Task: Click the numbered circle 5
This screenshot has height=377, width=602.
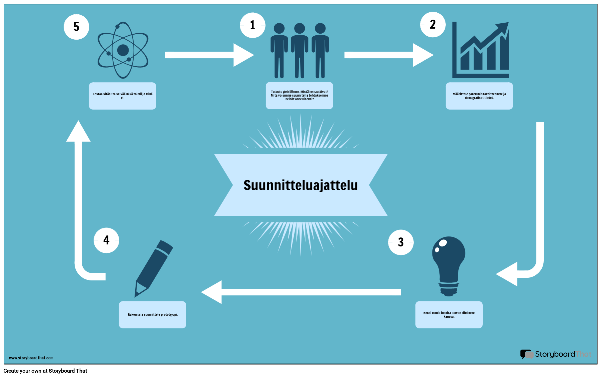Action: click(76, 27)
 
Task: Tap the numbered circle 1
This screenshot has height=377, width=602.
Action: click(253, 25)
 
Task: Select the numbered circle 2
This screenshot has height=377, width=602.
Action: click(433, 25)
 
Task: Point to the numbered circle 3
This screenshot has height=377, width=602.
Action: click(401, 242)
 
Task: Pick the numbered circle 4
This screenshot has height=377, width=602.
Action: click(106, 240)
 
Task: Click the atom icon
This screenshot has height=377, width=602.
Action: click(123, 50)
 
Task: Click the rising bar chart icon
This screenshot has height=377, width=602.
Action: click(480, 50)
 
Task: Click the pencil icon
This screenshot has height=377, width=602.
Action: click(154, 268)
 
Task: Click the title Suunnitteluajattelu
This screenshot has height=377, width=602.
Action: click(301, 185)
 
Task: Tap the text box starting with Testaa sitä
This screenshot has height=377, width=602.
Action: click(123, 96)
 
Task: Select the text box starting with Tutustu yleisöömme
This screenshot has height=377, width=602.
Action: click(300, 96)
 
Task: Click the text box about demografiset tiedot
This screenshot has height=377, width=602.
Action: click(479, 96)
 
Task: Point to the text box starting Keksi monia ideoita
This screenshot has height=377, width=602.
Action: click(449, 315)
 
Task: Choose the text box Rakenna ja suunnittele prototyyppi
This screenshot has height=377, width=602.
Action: click(153, 315)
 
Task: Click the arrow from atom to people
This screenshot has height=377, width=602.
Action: click(210, 55)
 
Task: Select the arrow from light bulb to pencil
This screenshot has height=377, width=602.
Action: click(301, 292)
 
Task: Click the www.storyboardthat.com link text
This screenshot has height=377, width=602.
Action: click(31, 358)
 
